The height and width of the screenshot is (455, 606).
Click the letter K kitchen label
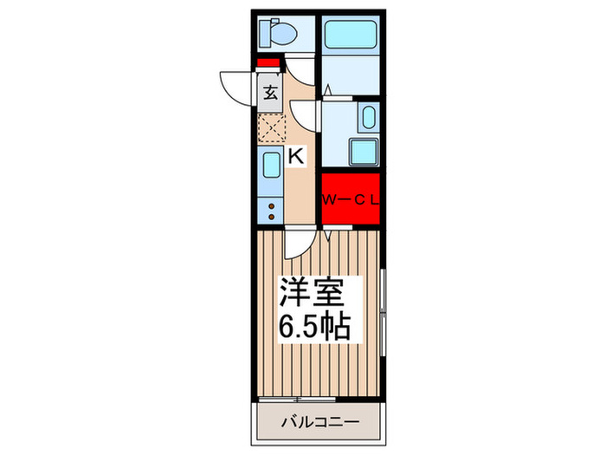click(x=295, y=157)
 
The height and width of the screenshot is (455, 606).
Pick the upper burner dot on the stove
click(x=271, y=206)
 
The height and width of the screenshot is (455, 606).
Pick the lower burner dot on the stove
click(x=271, y=217)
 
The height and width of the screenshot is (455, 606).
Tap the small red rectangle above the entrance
click(x=269, y=63)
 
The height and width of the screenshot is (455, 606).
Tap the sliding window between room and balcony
click(x=319, y=399)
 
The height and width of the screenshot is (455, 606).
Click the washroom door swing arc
click(x=305, y=114)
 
